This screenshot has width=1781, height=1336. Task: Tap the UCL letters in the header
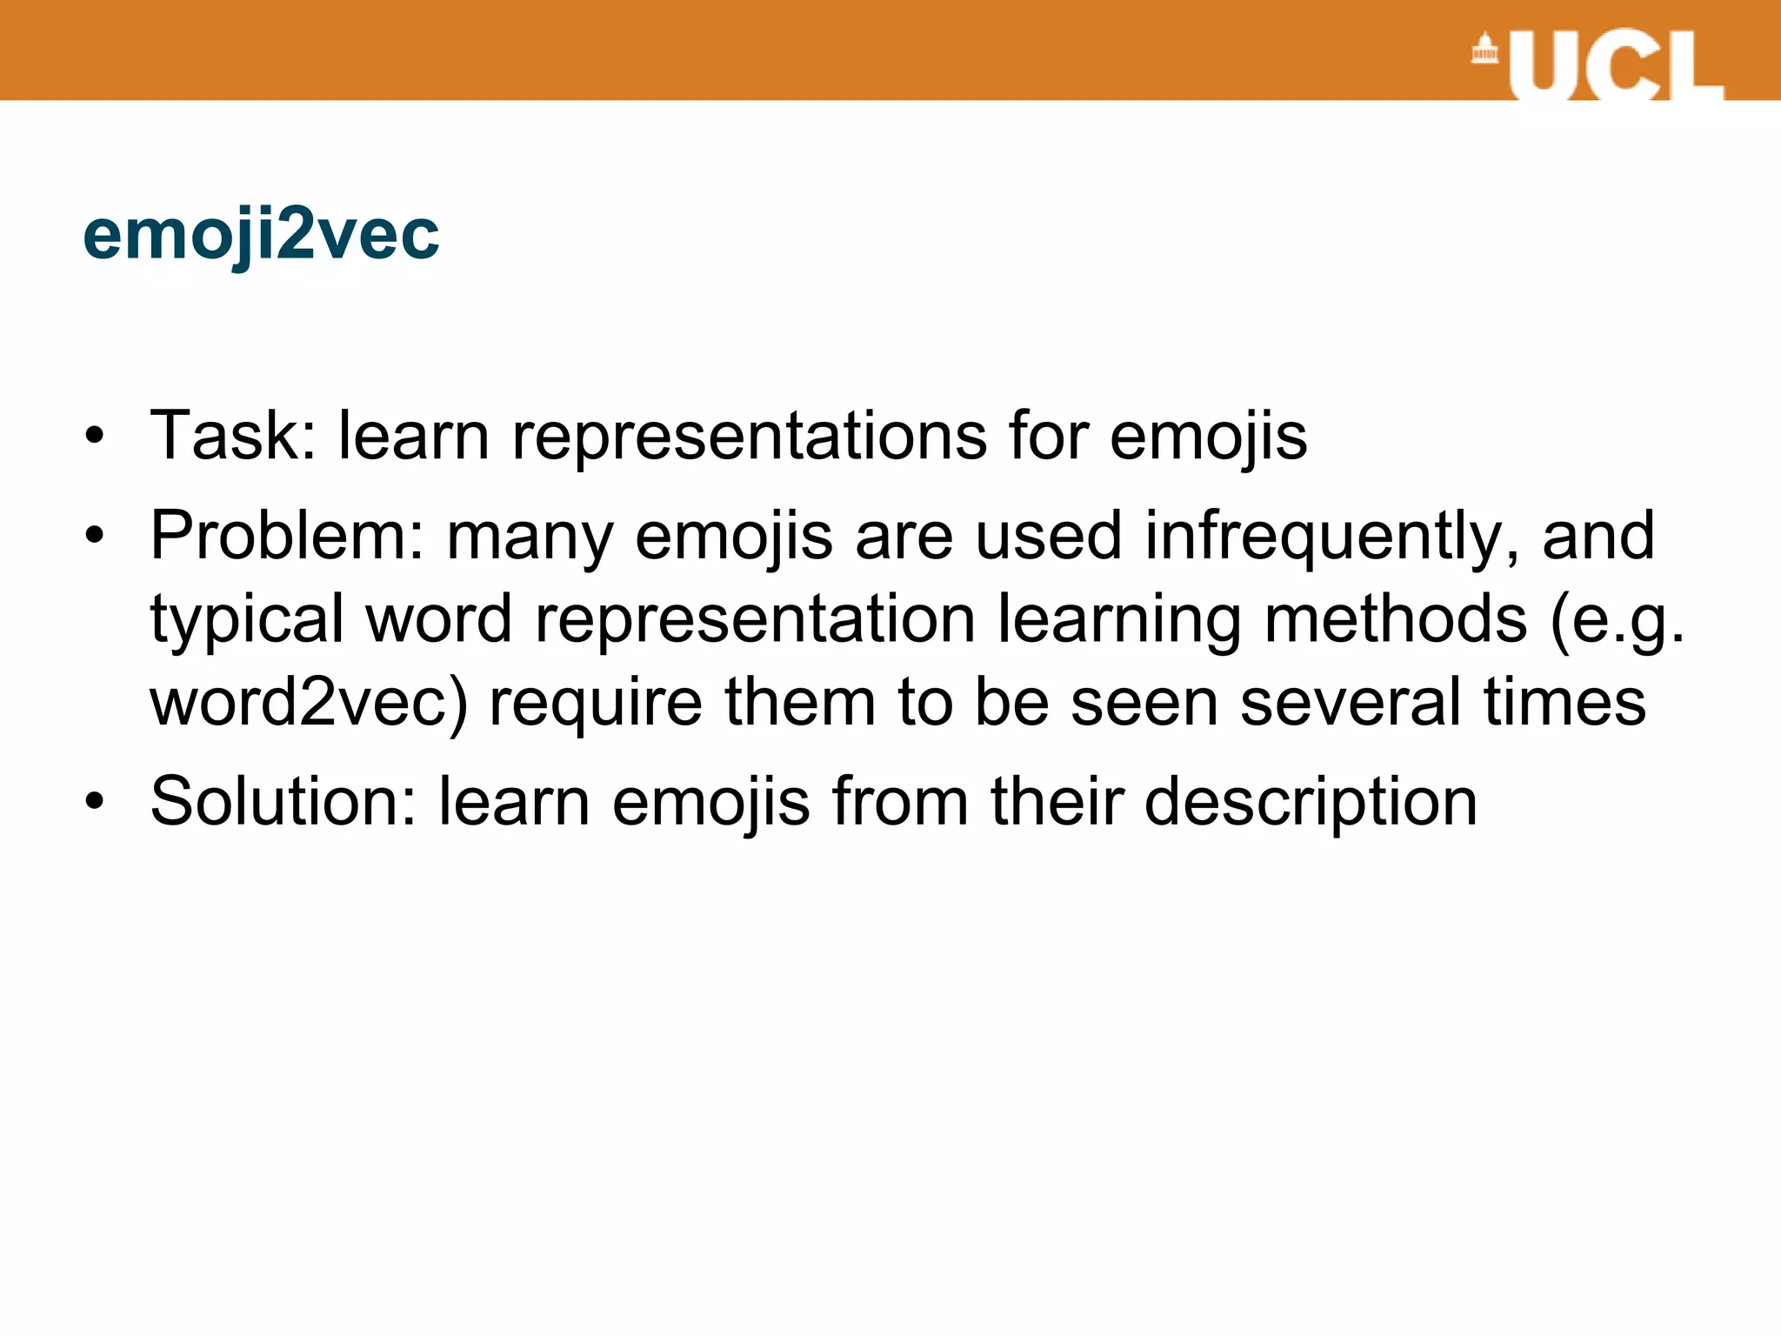[1616, 66]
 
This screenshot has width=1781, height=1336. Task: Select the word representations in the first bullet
[749, 437]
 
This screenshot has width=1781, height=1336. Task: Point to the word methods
[1395, 618]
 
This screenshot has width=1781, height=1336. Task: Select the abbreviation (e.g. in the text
[1617, 620]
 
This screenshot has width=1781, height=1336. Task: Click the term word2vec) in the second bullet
[309, 702]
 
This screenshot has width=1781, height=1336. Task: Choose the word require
[596, 702]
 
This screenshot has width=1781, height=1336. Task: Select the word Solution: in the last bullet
[283, 802]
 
